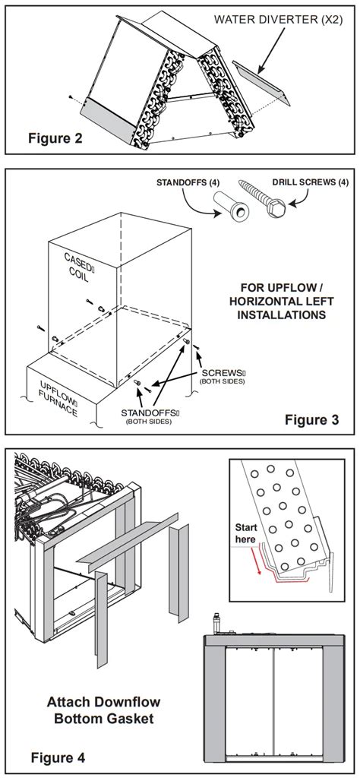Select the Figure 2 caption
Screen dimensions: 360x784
pyautogui.click(x=55, y=138)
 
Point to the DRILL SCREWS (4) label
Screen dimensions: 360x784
pyautogui.click(x=310, y=182)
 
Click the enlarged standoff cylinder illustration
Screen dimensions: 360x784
pyautogui.click(x=232, y=207)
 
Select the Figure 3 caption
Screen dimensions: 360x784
pyautogui.click(x=311, y=419)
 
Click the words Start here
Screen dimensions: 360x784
pyautogui.click(x=247, y=533)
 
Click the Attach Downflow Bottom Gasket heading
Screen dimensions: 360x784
pyautogui.click(x=104, y=710)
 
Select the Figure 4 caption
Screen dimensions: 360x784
pyautogui.click(x=58, y=757)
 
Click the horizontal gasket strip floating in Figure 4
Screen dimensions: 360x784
pyautogui.click(x=128, y=542)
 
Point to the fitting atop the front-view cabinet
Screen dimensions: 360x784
pyautogui.click(x=217, y=622)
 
